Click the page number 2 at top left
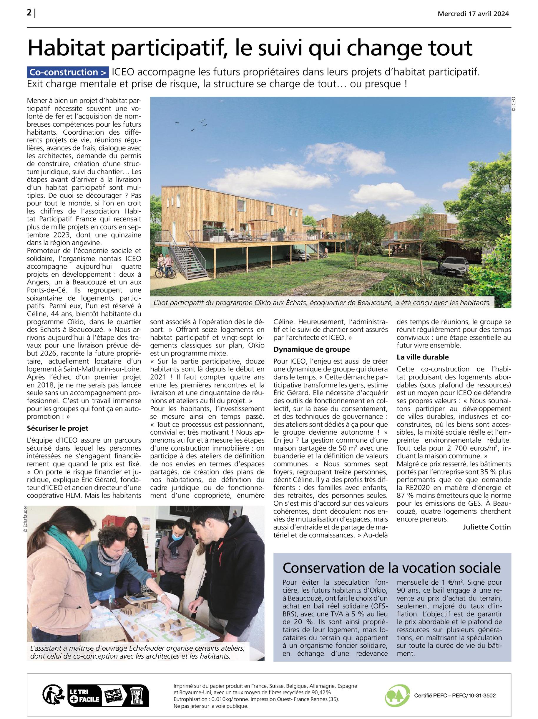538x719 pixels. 29,13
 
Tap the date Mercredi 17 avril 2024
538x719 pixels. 473,14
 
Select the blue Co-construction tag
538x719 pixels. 67,72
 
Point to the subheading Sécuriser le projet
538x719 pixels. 57,428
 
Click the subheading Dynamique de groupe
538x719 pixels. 311,349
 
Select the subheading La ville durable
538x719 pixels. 422,357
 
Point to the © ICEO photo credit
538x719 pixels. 514,104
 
